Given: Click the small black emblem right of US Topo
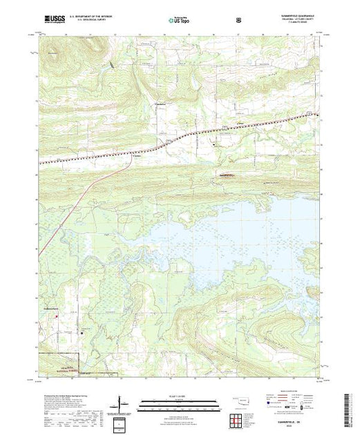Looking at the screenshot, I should point(238,20).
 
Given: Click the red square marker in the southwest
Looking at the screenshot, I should point(57,318).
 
